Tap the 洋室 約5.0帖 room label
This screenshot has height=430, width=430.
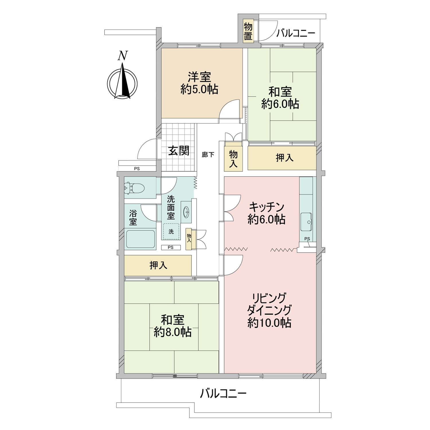pyautogui.click(x=200, y=83)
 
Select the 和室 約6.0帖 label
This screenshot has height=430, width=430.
pyautogui.click(x=280, y=98)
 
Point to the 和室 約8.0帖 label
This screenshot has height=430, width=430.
pyautogui.click(x=173, y=326)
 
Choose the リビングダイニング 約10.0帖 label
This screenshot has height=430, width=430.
pyautogui.click(x=269, y=310)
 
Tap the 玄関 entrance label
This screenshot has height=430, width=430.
pyautogui.click(x=179, y=150)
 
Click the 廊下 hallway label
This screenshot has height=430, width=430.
pyautogui.click(x=208, y=155)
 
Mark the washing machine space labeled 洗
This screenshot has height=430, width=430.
pyautogui.click(x=171, y=232)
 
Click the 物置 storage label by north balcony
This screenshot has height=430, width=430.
pyautogui.click(x=248, y=32)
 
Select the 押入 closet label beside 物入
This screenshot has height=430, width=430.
pyautogui.click(x=284, y=158)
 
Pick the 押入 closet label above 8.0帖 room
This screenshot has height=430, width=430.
pyautogui.click(x=158, y=265)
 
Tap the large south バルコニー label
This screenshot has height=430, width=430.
pyautogui.click(x=223, y=393)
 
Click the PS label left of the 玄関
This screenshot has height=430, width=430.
pyautogui.click(x=137, y=169)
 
